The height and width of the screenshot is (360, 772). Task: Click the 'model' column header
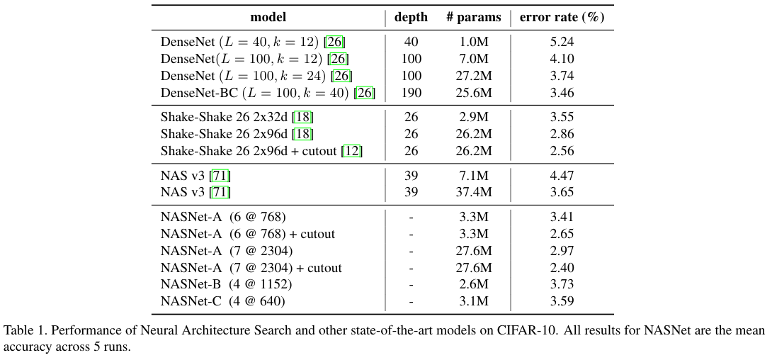268,18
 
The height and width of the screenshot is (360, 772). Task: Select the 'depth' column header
411,18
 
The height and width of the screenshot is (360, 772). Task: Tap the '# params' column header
473,18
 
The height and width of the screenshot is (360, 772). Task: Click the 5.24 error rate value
562,42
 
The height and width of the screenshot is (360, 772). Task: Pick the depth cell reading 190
411,93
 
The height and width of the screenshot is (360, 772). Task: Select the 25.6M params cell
474,93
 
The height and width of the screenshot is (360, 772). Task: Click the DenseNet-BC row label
268,93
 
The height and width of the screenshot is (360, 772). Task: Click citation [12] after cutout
351,151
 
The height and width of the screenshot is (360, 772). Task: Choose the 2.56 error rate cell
562,151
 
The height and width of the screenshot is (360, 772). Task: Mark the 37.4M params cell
474,192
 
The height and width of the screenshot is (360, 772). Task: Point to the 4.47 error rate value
562,175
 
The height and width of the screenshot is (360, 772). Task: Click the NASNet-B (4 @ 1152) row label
226,284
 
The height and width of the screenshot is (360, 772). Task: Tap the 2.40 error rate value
562,267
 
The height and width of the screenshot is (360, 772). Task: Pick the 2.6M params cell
474,284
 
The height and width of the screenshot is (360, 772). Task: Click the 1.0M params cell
474,42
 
